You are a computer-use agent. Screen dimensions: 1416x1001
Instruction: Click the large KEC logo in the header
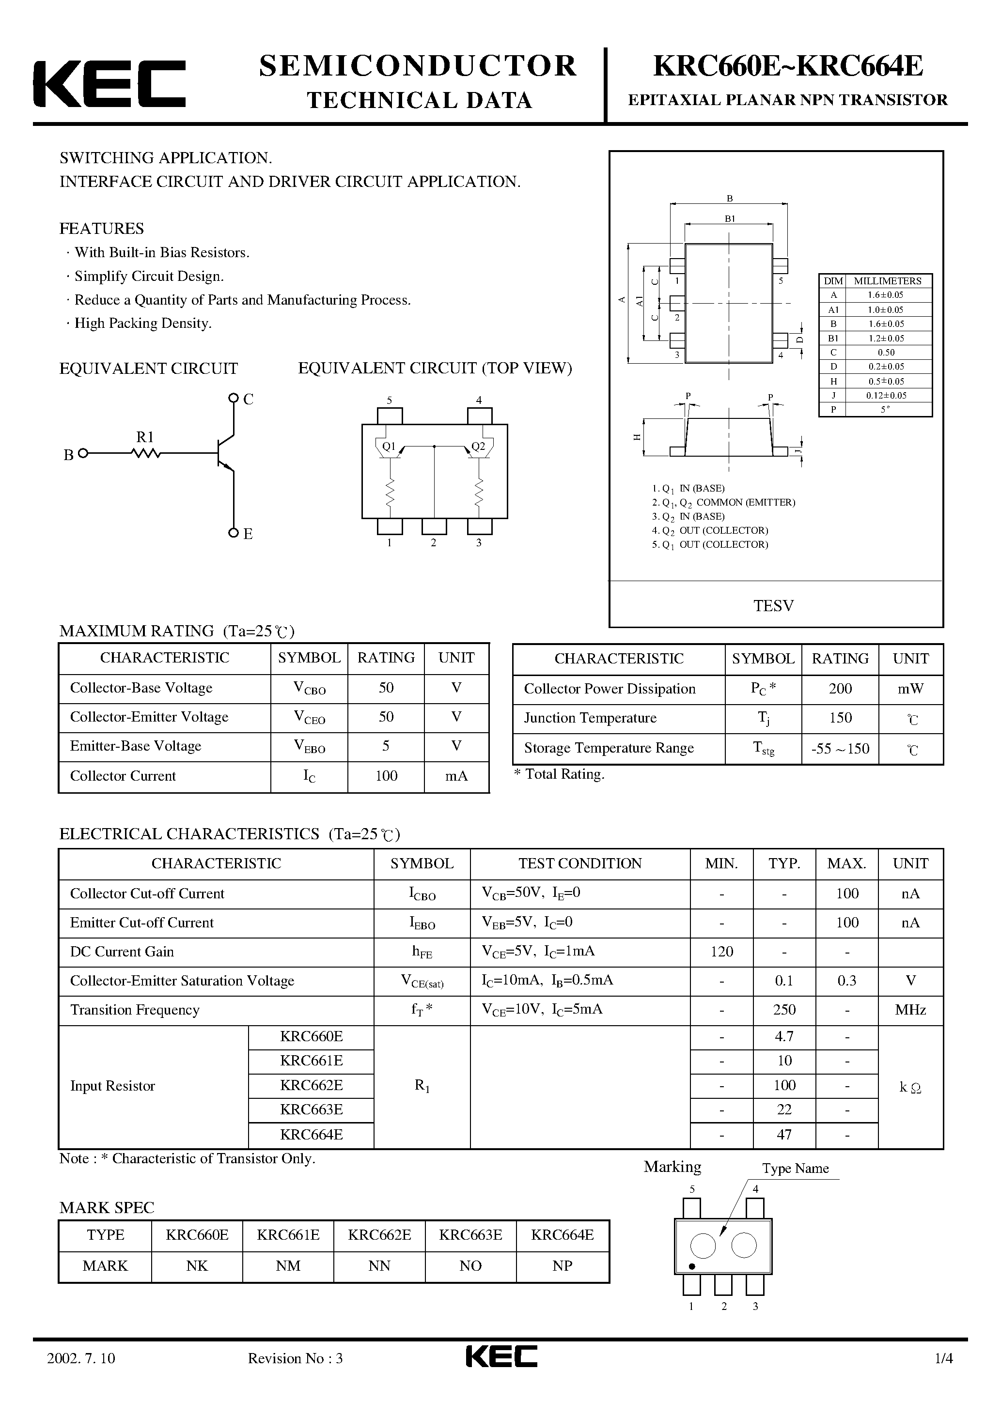(109, 84)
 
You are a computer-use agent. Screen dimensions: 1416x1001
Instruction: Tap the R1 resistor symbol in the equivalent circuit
(146, 454)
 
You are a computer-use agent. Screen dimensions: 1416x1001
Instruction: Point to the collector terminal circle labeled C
(233, 399)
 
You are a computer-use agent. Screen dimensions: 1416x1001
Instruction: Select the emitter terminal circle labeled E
(233, 533)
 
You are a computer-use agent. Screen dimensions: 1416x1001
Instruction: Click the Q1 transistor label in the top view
(388, 446)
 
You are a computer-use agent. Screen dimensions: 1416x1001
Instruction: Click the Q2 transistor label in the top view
(478, 446)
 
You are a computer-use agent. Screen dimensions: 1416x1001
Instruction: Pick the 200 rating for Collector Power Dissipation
(840, 689)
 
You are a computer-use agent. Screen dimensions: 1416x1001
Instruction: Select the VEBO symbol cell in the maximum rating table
(309, 747)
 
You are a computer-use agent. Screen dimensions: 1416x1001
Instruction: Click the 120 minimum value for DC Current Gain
(721, 952)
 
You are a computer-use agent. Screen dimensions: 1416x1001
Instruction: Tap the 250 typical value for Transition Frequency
(784, 1010)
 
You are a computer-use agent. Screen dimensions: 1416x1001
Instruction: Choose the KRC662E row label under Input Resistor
(311, 1085)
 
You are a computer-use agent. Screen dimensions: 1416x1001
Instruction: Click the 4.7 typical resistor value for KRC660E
(784, 1037)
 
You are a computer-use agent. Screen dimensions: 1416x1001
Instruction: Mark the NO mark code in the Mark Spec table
(470, 1266)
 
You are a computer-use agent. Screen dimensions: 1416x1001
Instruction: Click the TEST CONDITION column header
(579, 863)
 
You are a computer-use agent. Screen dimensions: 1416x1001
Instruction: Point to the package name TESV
(773, 606)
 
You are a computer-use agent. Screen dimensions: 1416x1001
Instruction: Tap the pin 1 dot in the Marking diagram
(692, 1267)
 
